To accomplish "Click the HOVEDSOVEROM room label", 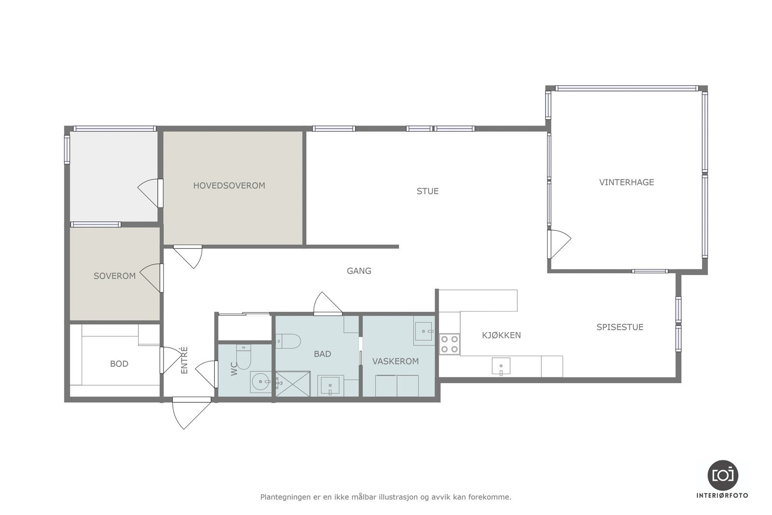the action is point(229,186).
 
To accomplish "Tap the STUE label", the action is point(427,191).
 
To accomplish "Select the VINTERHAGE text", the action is point(627,182).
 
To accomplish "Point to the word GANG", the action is point(359,271).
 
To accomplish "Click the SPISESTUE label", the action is point(620,327).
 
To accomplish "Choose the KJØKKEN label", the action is point(501,335).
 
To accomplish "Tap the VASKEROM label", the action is point(396,361).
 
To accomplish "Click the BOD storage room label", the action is point(119,363).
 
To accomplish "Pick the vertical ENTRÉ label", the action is point(184,360).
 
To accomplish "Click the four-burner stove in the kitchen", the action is point(450,344).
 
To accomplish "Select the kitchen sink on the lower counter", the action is point(501,366).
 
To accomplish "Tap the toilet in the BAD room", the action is point(288,341).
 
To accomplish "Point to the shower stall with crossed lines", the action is point(293,384).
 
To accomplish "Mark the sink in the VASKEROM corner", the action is point(424,331).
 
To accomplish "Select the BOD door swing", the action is point(171,360).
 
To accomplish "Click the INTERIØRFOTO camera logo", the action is point(723,475).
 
